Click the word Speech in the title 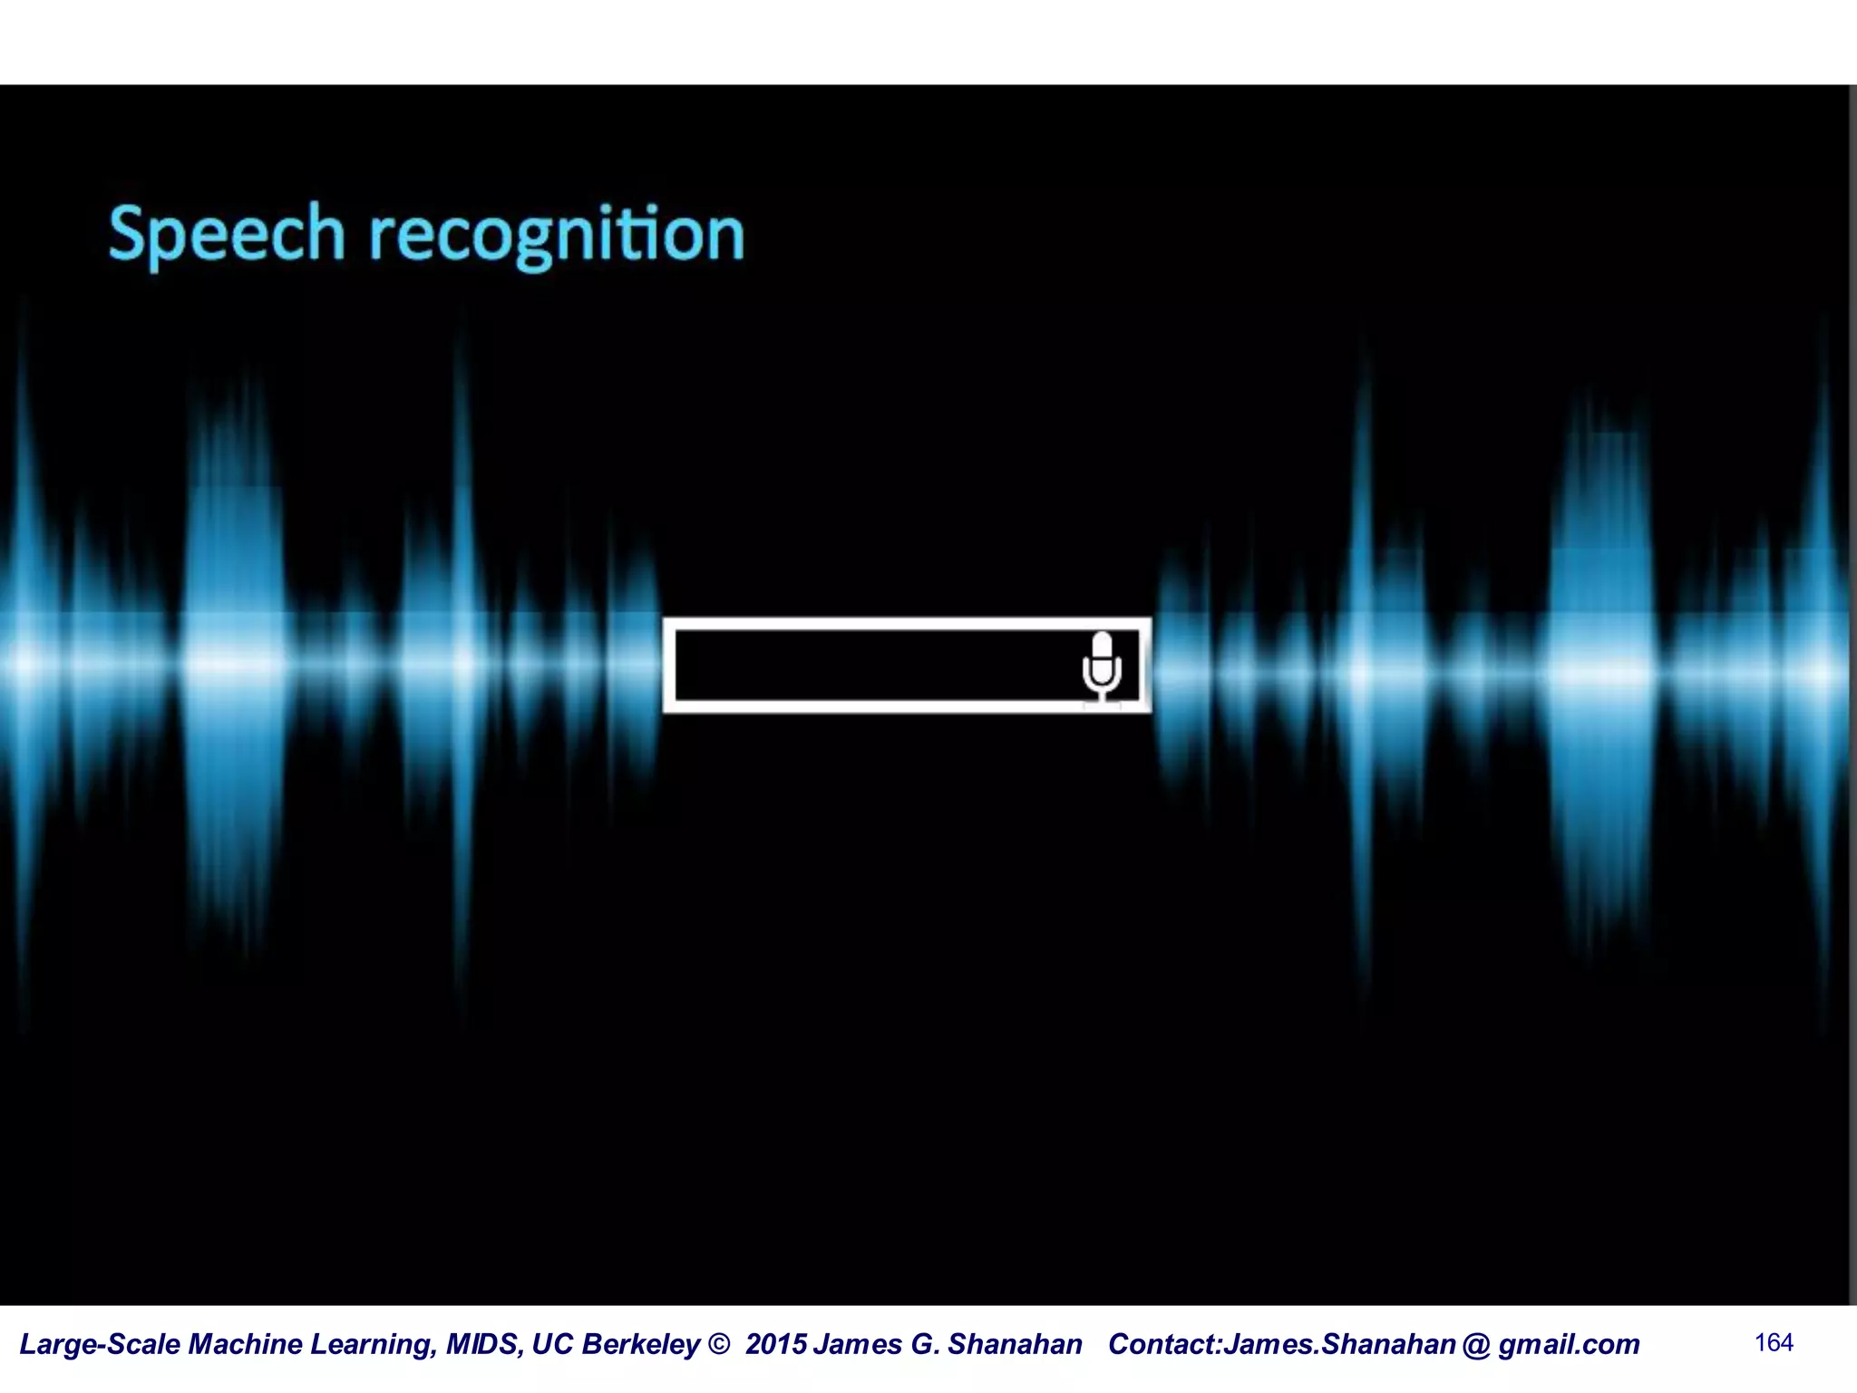pyautogui.click(x=227, y=234)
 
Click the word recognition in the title pyautogui.click(x=557, y=234)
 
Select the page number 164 pyautogui.click(x=1774, y=1342)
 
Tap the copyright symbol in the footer pyautogui.click(x=718, y=1344)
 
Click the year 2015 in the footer pyautogui.click(x=775, y=1344)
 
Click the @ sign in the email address pyautogui.click(x=1476, y=1344)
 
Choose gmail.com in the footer pyautogui.click(x=1569, y=1344)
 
